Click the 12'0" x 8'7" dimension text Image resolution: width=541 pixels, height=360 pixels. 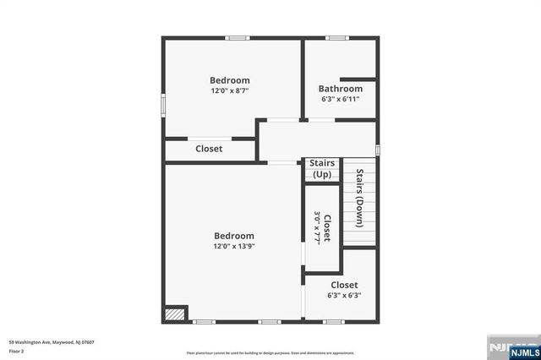click(x=229, y=90)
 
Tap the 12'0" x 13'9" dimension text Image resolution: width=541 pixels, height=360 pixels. click(x=234, y=247)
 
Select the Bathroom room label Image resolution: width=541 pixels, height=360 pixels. click(x=341, y=89)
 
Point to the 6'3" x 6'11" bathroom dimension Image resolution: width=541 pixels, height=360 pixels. click(x=341, y=99)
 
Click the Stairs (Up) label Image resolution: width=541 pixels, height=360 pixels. click(x=322, y=169)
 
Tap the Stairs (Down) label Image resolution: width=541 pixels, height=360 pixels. click(x=359, y=199)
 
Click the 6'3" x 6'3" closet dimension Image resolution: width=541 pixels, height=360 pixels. click(x=344, y=296)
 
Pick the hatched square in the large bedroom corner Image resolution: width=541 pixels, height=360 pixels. click(x=174, y=313)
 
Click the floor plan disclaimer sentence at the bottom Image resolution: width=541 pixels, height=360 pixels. click(x=270, y=352)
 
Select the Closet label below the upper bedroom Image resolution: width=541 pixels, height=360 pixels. click(x=209, y=149)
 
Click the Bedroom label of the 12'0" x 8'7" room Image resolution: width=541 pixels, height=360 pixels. click(x=230, y=80)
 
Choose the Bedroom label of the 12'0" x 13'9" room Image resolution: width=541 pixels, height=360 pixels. click(x=234, y=237)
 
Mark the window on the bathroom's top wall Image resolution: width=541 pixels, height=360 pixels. click(x=338, y=37)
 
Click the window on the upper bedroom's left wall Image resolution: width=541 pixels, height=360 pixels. click(x=164, y=101)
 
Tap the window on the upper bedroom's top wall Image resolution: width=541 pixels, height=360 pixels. click(x=237, y=37)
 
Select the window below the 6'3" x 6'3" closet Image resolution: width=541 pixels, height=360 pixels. click(x=334, y=321)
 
